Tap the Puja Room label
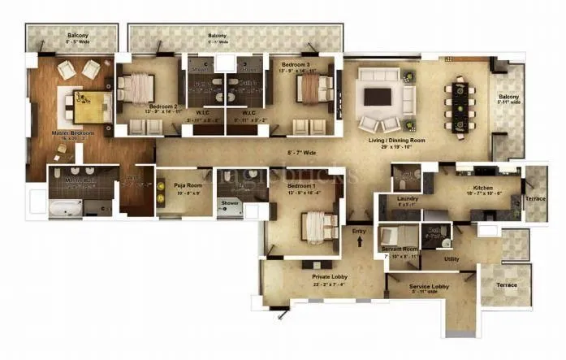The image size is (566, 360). click(x=188, y=185)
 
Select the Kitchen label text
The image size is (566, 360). click(x=473, y=187)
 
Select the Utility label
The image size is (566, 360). click(x=452, y=258)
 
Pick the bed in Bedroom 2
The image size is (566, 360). click(x=137, y=85)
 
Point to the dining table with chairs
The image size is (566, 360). click(x=457, y=102)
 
